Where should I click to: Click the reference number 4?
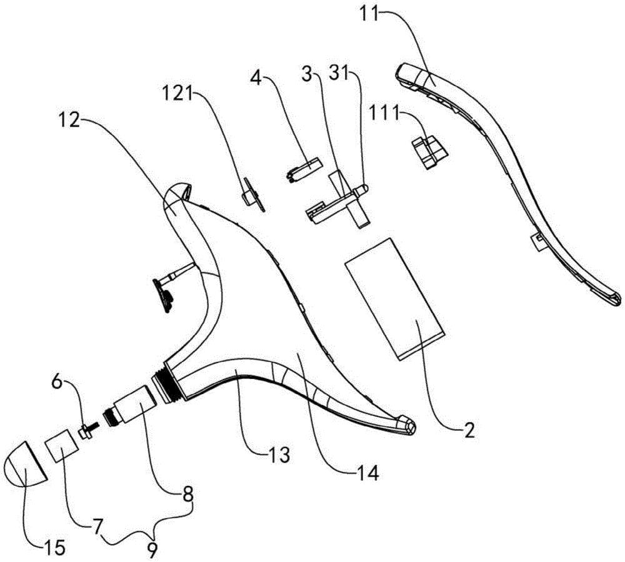[x=256, y=76]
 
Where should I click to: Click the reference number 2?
[x=470, y=431]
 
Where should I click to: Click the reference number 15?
[x=54, y=548]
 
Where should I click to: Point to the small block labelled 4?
[x=304, y=169]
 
